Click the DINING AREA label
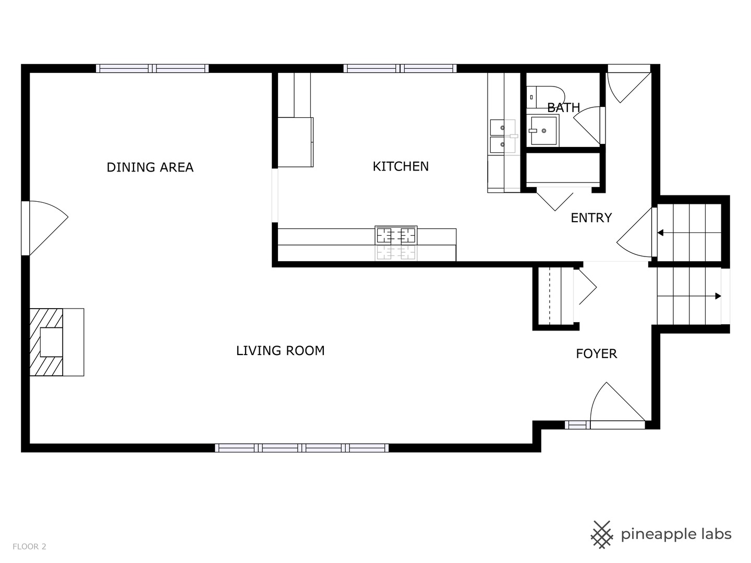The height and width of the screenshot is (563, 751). (x=150, y=167)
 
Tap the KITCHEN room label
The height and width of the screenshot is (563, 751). (x=401, y=166)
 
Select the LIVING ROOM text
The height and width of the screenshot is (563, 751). (x=280, y=351)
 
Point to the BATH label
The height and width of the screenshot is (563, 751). (x=563, y=108)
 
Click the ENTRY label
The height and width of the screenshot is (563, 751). (x=591, y=218)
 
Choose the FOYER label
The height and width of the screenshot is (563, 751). (x=596, y=354)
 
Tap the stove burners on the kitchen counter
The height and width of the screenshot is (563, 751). (x=396, y=236)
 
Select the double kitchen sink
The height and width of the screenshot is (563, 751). (x=502, y=136)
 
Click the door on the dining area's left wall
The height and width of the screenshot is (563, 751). (x=44, y=228)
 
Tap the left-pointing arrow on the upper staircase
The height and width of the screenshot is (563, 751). (x=661, y=233)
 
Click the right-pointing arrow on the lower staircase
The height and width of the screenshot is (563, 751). (x=718, y=296)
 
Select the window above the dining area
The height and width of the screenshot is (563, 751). (x=152, y=68)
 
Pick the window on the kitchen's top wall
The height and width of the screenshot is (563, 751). (x=400, y=68)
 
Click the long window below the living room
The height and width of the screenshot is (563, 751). (x=301, y=448)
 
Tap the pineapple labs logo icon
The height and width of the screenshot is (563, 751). (x=601, y=534)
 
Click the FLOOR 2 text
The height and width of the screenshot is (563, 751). (x=29, y=547)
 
